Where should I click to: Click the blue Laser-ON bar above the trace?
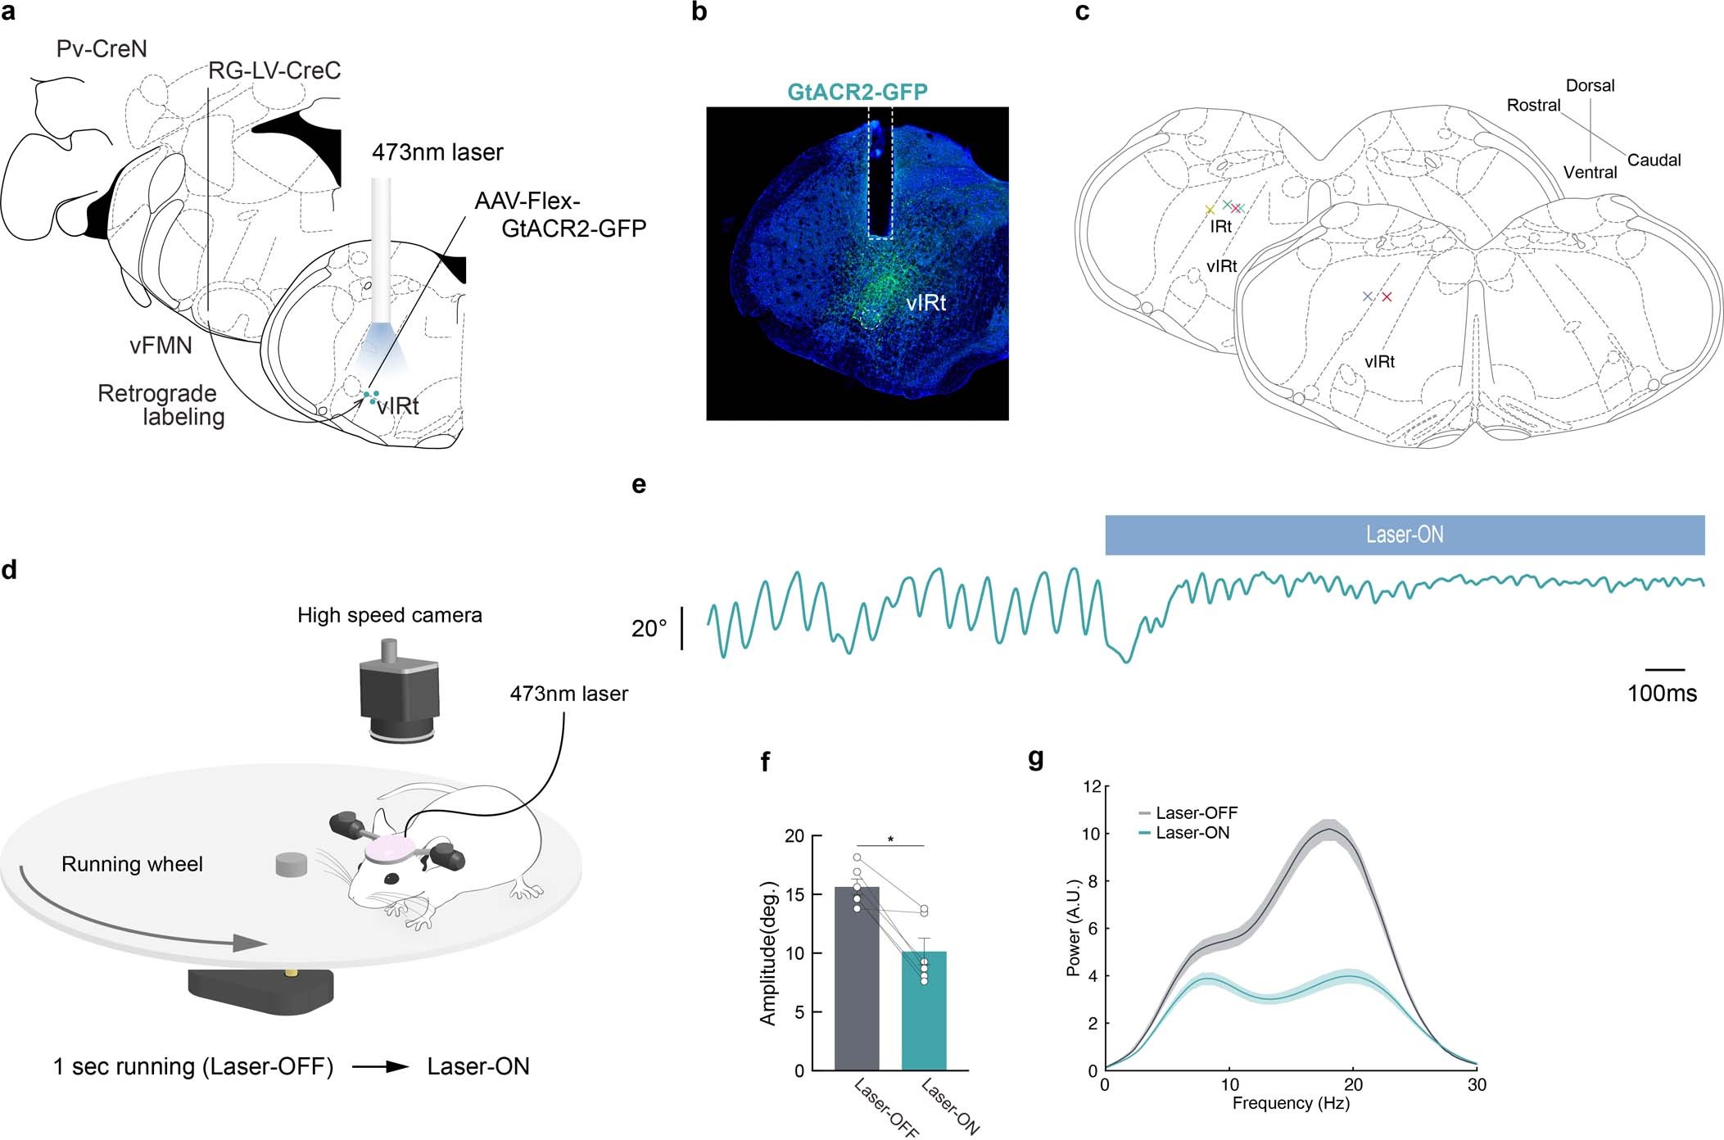(x=1404, y=535)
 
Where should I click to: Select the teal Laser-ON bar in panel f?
(x=924, y=1011)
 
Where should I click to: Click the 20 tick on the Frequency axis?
(x=1353, y=1085)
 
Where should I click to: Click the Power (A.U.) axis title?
(x=1073, y=928)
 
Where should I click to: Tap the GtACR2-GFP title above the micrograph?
(x=857, y=92)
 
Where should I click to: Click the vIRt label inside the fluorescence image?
(x=925, y=303)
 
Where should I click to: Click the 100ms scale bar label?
(x=1662, y=694)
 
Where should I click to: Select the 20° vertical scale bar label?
(x=649, y=629)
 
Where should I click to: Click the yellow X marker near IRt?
(x=1210, y=210)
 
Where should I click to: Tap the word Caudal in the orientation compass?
(x=1654, y=161)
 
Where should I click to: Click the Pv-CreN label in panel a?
(x=102, y=49)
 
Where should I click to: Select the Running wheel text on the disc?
(x=132, y=864)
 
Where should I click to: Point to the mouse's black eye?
(x=392, y=879)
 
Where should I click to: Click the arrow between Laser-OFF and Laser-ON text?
(x=381, y=1067)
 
